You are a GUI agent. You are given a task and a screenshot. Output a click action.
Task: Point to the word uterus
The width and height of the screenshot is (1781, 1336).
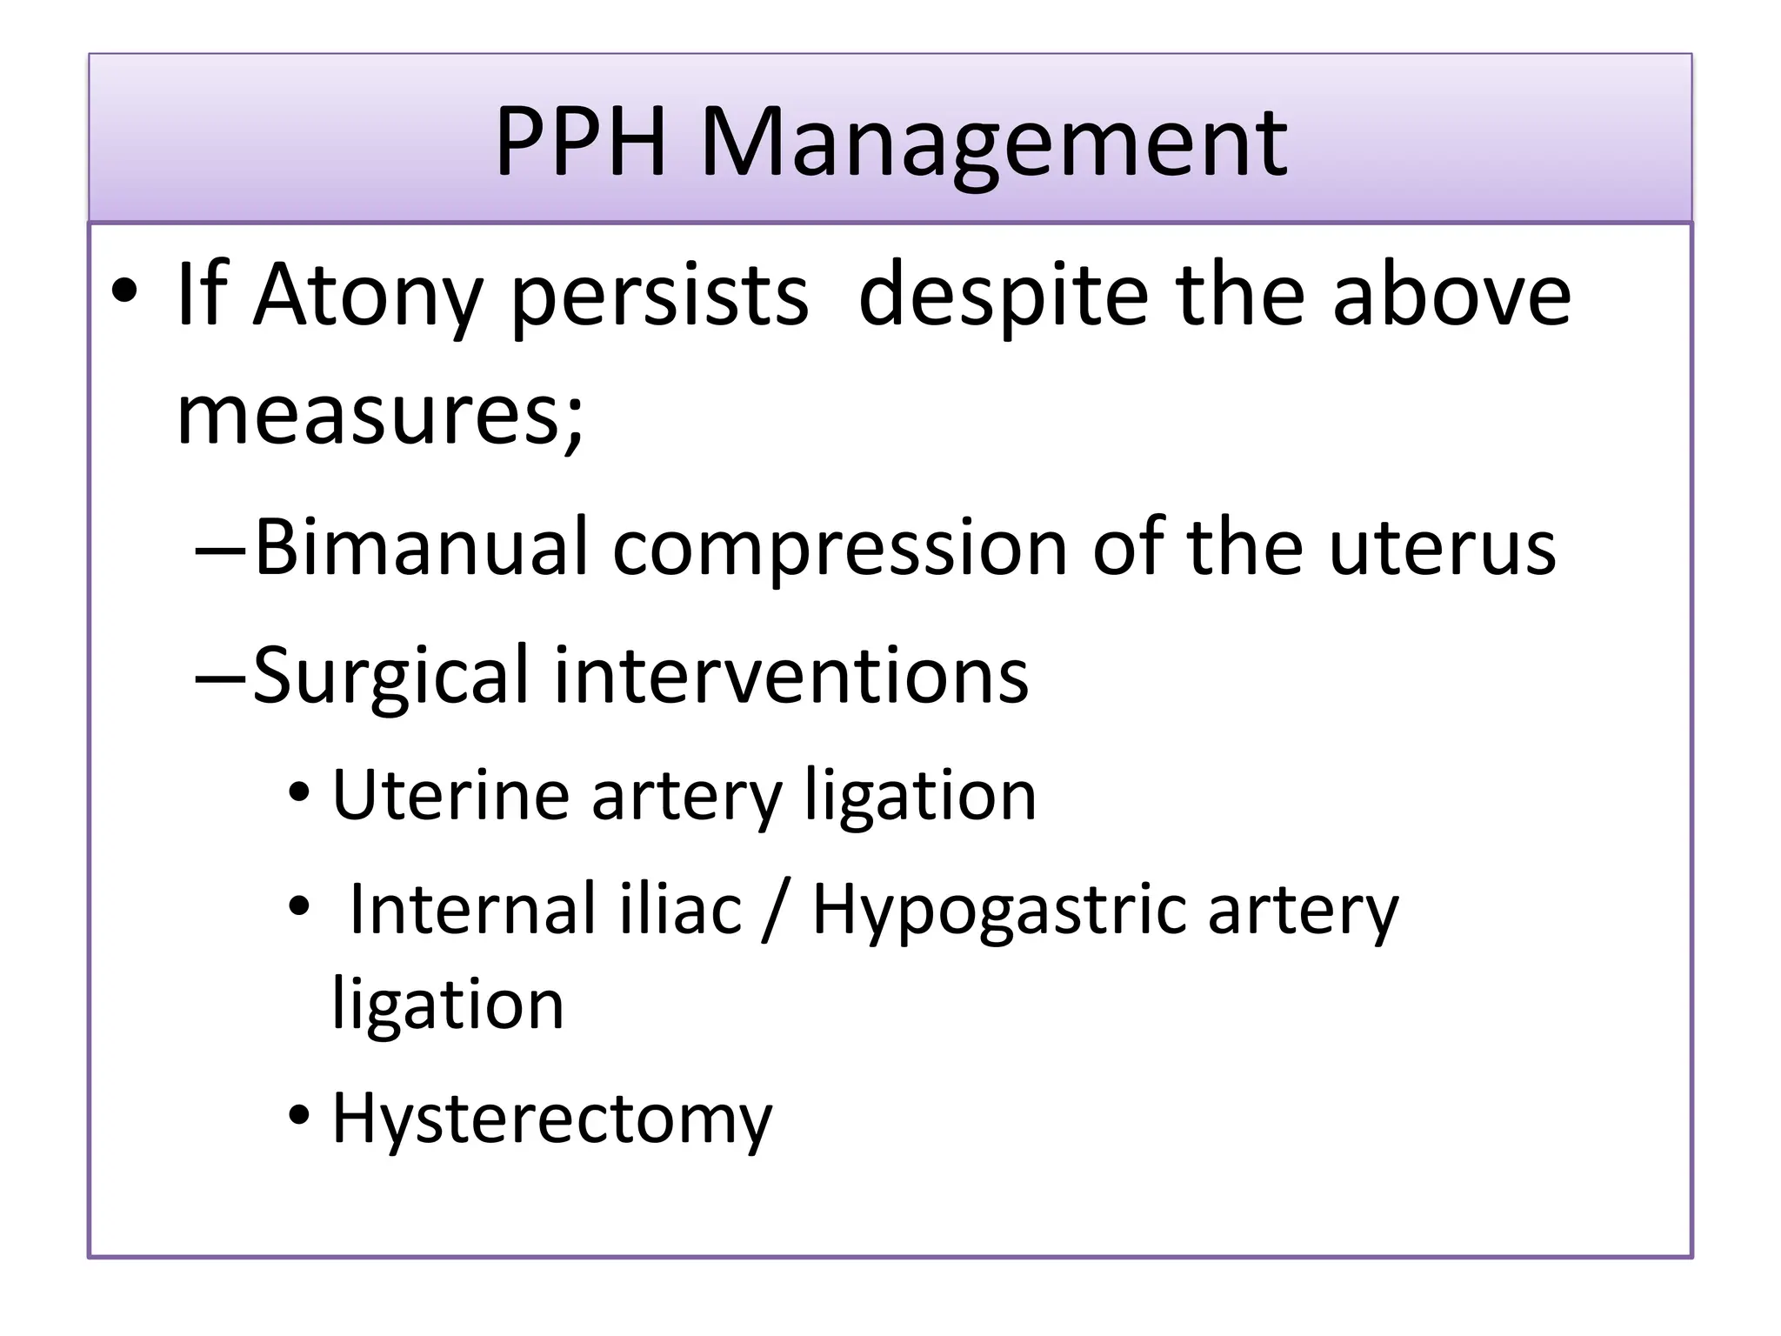coord(1443,548)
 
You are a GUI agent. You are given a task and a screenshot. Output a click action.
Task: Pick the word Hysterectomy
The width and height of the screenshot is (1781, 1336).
coord(552,1119)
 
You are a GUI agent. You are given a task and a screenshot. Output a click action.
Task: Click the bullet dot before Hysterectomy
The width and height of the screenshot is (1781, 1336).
coord(300,1115)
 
